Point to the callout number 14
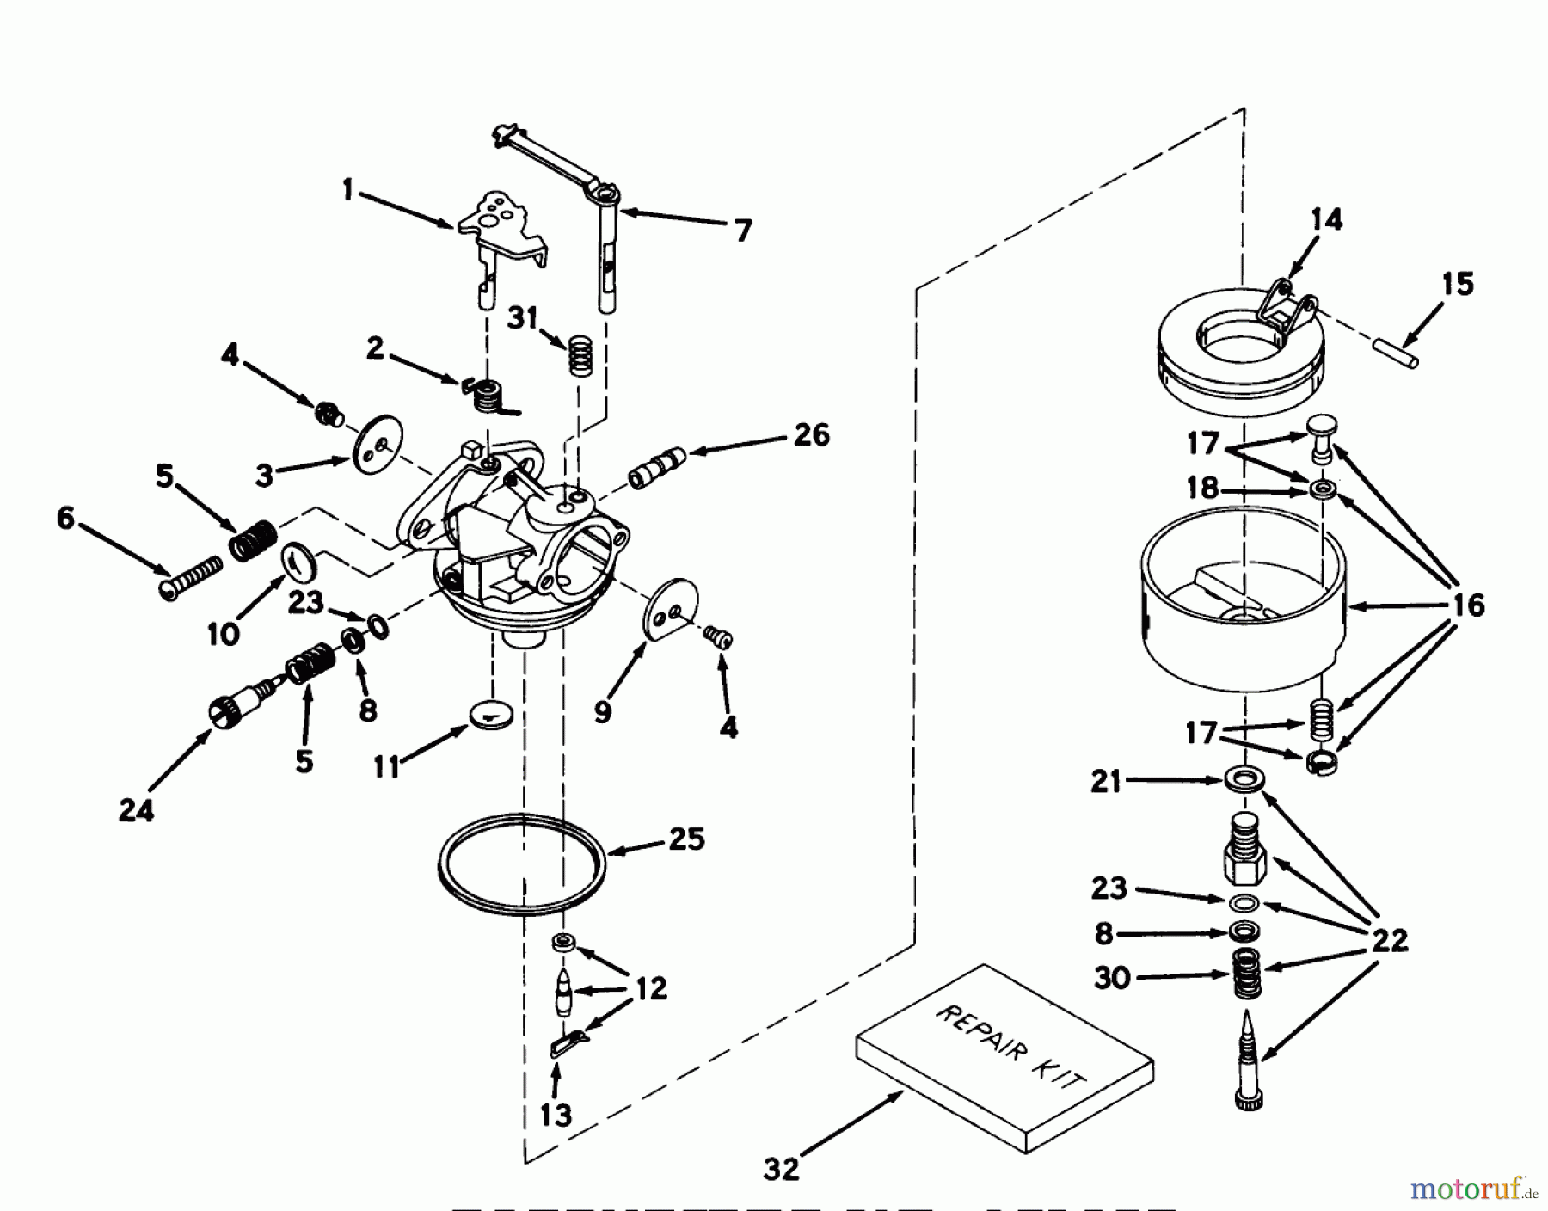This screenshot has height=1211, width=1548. pyautogui.click(x=1326, y=220)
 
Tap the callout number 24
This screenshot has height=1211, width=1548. pyautogui.click(x=136, y=809)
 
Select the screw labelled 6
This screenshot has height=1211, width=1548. pyautogui.click(x=191, y=576)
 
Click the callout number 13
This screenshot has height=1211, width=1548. pyautogui.click(x=556, y=1115)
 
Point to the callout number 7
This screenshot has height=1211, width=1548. pyautogui.click(x=742, y=230)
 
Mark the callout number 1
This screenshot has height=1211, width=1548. pyautogui.click(x=347, y=189)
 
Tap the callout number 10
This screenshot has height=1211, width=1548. pyautogui.click(x=223, y=634)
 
